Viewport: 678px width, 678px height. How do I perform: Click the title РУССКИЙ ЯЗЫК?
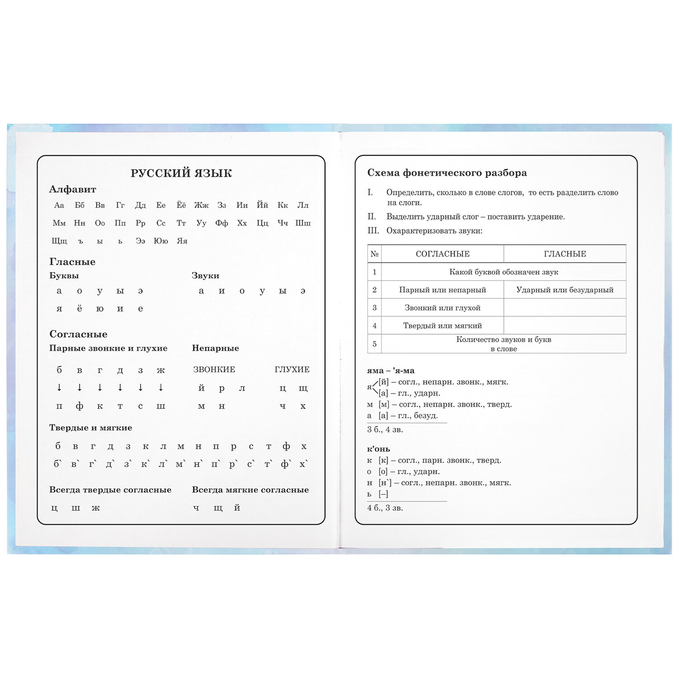click(x=181, y=173)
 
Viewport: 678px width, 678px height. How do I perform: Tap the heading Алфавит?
click(x=72, y=189)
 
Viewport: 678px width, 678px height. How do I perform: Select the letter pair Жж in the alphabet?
click(x=201, y=205)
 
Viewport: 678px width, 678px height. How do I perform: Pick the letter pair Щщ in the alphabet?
click(x=59, y=241)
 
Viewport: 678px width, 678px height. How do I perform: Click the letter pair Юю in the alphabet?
click(x=161, y=241)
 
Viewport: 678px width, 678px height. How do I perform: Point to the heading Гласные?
click(x=72, y=262)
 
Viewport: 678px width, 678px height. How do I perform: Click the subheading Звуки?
click(x=205, y=276)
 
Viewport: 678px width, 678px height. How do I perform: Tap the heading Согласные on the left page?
click(x=78, y=334)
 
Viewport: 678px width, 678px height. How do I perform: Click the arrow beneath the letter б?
click(x=59, y=387)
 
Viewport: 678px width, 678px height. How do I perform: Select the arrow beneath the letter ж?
click(x=161, y=387)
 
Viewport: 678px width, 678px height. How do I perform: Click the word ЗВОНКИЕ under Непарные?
click(x=214, y=370)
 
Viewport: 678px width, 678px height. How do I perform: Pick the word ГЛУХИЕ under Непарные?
click(x=292, y=370)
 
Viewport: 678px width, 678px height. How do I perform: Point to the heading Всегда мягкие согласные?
click(x=250, y=490)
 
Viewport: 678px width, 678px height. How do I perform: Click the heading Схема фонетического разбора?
click(x=447, y=173)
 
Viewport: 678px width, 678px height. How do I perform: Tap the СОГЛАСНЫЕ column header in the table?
click(x=443, y=254)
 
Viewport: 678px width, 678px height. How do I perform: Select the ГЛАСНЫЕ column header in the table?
click(x=565, y=254)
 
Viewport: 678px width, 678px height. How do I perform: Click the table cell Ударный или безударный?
click(x=565, y=290)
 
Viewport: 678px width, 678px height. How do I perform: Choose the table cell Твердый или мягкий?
click(x=443, y=325)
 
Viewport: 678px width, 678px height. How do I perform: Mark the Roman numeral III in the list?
click(x=373, y=231)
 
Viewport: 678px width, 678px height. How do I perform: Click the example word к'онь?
click(x=378, y=449)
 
